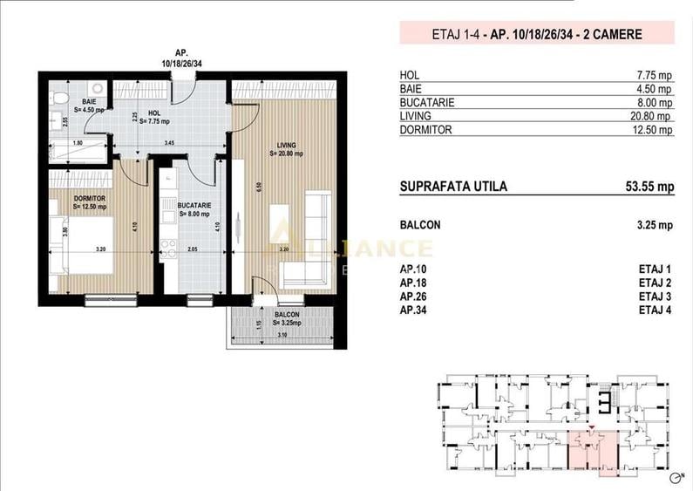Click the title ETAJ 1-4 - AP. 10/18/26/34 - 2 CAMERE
pyautogui.click(x=537, y=35)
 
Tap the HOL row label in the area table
pyautogui.click(x=409, y=75)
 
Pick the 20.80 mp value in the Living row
pyautogui.click(x=654, y=116)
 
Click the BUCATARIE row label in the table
pyautogui.click(x=426, y=102)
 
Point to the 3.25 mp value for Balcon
pyautogui.click(x=655, y=225)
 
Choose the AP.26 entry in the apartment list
pyautogui.click(x=413, y=297)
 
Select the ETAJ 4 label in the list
pyautogui.click(x=656, y=310)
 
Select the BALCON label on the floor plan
pyautogui.click(x=284, y=314)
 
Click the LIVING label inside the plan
pyautogui.click(x=285, y=145)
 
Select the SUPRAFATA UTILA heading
pyautogui.click(x=452, y=187)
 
